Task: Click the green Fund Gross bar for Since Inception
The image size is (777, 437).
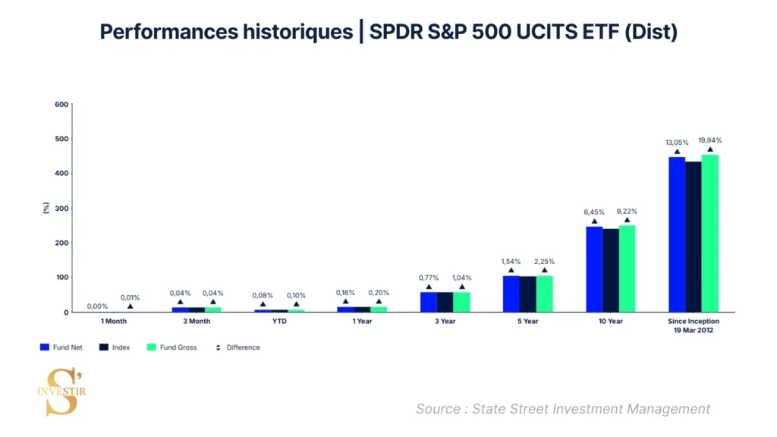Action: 709,234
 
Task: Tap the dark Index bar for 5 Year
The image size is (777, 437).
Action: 527,294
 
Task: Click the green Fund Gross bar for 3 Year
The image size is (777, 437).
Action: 461,302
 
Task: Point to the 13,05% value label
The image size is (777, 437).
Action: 677,142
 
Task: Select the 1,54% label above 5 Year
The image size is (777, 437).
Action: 511,261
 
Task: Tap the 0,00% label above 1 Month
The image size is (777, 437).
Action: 97,307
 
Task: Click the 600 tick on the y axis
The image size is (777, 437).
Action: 61,104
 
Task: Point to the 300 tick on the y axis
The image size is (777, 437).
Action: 61,208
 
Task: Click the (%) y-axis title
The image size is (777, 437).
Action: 46,208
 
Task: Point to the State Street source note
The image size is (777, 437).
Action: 562,409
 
